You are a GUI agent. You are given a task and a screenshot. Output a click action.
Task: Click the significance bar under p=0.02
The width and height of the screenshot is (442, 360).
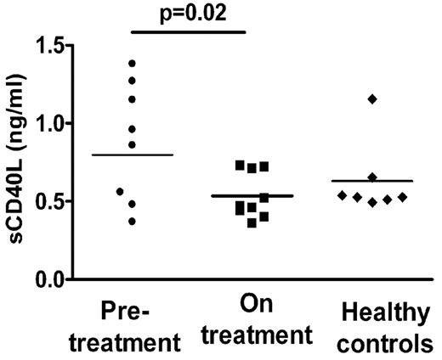point(189,33)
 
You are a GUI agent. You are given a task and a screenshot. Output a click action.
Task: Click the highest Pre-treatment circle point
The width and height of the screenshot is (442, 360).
point(131,64)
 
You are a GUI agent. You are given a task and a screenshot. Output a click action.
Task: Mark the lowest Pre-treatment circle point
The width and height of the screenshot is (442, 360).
point(131,221)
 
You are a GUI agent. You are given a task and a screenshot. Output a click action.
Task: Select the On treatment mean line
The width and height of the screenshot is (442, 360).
point(252,196)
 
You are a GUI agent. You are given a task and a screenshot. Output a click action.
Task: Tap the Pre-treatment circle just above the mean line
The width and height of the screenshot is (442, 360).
point(131,143)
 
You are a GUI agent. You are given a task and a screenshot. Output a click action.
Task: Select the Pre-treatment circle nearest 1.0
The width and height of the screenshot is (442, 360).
point(131,128)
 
